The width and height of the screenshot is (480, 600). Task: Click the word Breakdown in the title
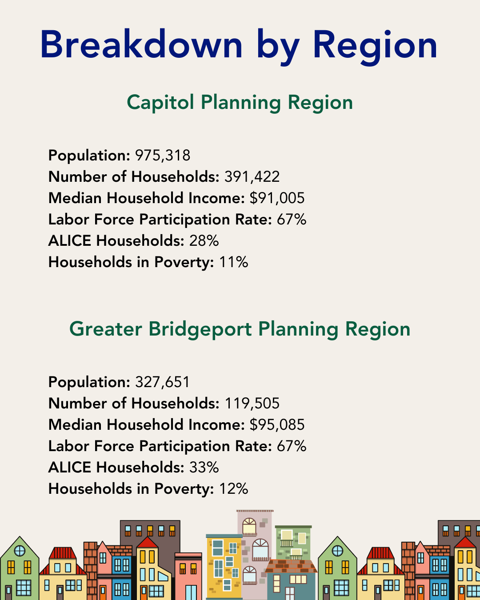[x=141, y=45]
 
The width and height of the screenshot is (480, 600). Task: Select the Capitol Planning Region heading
[x=240, y=103]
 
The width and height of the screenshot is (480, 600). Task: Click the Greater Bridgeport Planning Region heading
[x=240, y=329]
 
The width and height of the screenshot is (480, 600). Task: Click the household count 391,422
[x=252, y=177]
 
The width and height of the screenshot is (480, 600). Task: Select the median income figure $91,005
[x=277, y=198]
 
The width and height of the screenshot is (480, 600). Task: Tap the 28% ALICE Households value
[x=204, y=241]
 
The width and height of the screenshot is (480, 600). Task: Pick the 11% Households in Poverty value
[x=233, y=262]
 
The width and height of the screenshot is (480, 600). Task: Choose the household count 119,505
[x=252, y=404]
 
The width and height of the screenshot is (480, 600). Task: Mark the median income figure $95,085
[x=277, y=425]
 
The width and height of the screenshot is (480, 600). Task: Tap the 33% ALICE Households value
[x=204, y=468]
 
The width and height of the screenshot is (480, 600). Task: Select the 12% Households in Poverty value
[x=233, y=489]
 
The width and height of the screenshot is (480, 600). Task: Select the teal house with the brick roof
[x=291, y=582]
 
